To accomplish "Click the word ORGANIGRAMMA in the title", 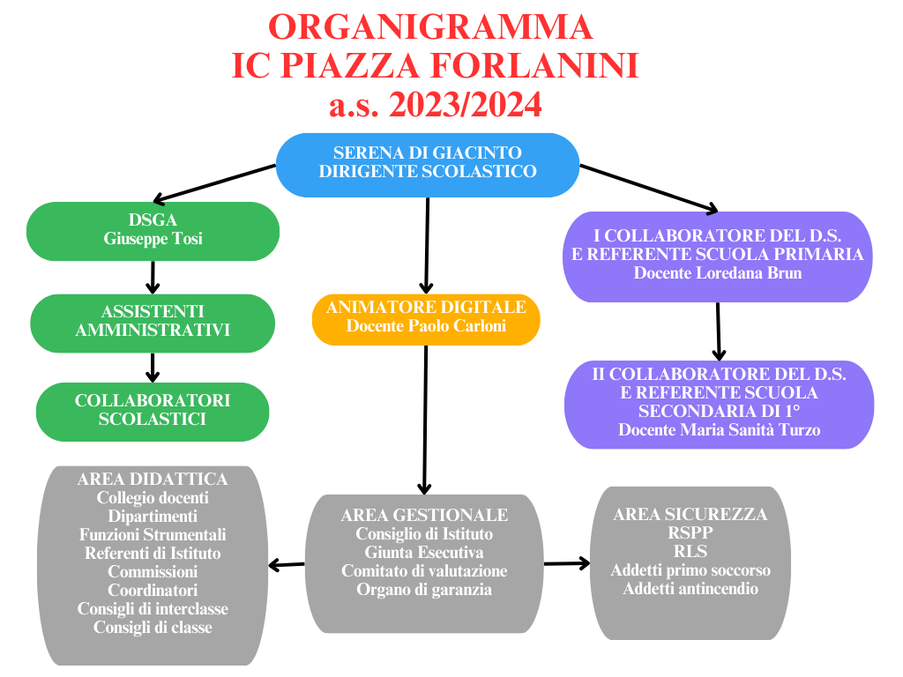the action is click(x=430, y=26).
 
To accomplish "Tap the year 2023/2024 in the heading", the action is click(x=466, y=105).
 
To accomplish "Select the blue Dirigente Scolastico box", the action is click(x=428, y=165).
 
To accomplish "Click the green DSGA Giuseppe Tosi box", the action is click(x=153, y=231).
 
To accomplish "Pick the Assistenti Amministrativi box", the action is click(x=153, y=323).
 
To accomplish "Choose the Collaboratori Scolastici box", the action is click(x=153, y=412).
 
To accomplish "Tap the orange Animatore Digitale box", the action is click(x=426, y=319).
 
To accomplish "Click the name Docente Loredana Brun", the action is click(x=718, y=273).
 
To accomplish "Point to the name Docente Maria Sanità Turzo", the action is click(x=720, y=430).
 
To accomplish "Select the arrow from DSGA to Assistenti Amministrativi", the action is click(x=153, y=278).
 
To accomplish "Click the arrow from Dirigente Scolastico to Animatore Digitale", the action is click(x=427, y=246).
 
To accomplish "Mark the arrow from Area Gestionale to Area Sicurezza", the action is click(x=567, y=563).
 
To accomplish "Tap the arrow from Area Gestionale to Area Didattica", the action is click(x=287, y=565).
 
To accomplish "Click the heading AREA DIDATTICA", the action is click(x=153, y=479).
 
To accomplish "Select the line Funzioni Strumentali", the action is click(x=153, y=535).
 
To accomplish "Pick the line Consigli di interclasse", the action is click(x=153, y=609).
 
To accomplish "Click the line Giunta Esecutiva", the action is click(x=424, y=553).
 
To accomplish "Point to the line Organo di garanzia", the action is click(x=424, y=590).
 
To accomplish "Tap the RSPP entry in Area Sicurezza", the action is click(x=690, y=532).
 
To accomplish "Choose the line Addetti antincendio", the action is click(x=690, y=588).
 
